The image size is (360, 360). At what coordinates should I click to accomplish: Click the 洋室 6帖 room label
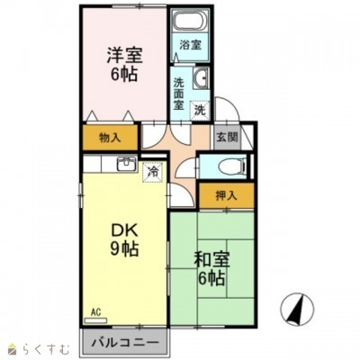124,64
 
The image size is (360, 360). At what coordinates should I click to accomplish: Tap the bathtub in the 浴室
190,21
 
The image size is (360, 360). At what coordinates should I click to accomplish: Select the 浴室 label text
190,45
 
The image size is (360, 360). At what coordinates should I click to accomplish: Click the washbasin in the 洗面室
201,77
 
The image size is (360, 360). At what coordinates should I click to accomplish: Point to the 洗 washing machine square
200,111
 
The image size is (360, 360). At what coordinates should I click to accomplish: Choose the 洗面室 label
179,94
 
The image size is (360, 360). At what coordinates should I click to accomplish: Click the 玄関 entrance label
227,138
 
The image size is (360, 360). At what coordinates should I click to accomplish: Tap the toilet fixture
232,166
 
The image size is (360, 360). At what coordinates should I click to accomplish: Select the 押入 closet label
227,195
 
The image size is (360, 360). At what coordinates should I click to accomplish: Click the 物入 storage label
110,138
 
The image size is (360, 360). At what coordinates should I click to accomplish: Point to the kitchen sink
127,164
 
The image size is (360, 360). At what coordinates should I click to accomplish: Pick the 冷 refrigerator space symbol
153,172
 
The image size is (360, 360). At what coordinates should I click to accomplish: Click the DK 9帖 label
124,240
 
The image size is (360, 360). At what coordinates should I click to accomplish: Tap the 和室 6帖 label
211,269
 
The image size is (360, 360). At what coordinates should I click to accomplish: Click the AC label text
95,312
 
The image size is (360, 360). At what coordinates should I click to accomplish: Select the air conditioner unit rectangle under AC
95,320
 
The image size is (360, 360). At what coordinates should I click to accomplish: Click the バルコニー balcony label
125,342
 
